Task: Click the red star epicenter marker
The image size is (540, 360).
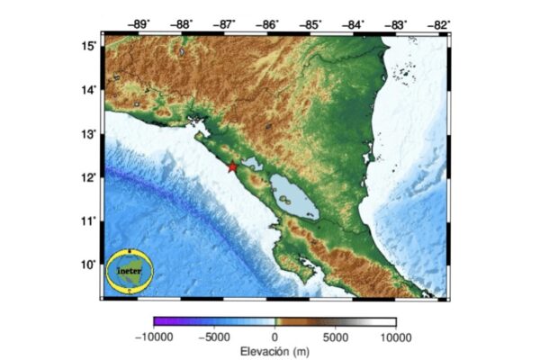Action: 232,167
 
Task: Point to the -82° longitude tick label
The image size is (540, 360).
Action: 439,24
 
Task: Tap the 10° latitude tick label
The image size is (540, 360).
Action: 89,264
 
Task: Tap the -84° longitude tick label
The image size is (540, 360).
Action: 354,24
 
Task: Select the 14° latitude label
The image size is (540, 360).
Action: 89,90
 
